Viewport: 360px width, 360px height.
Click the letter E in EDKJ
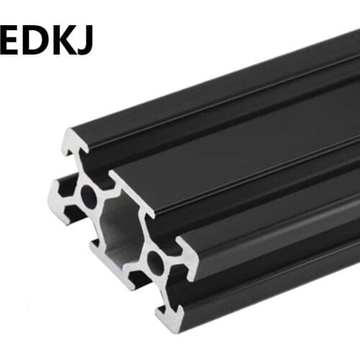click(13, 40)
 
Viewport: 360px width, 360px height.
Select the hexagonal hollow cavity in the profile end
click(120, 229)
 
